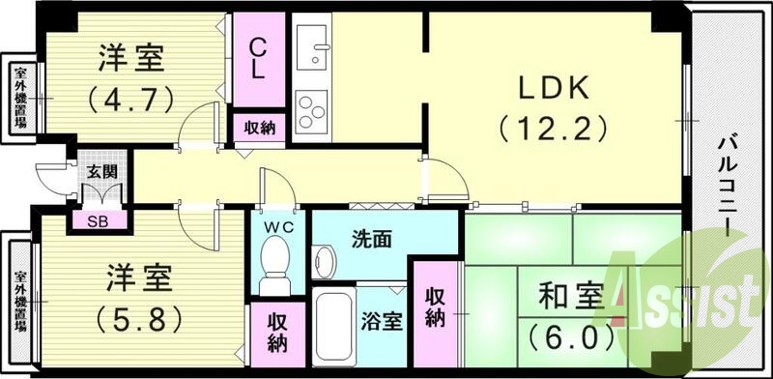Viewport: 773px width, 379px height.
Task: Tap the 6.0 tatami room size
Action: [571, 338]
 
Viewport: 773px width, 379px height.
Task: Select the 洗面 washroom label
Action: [370, 238]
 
